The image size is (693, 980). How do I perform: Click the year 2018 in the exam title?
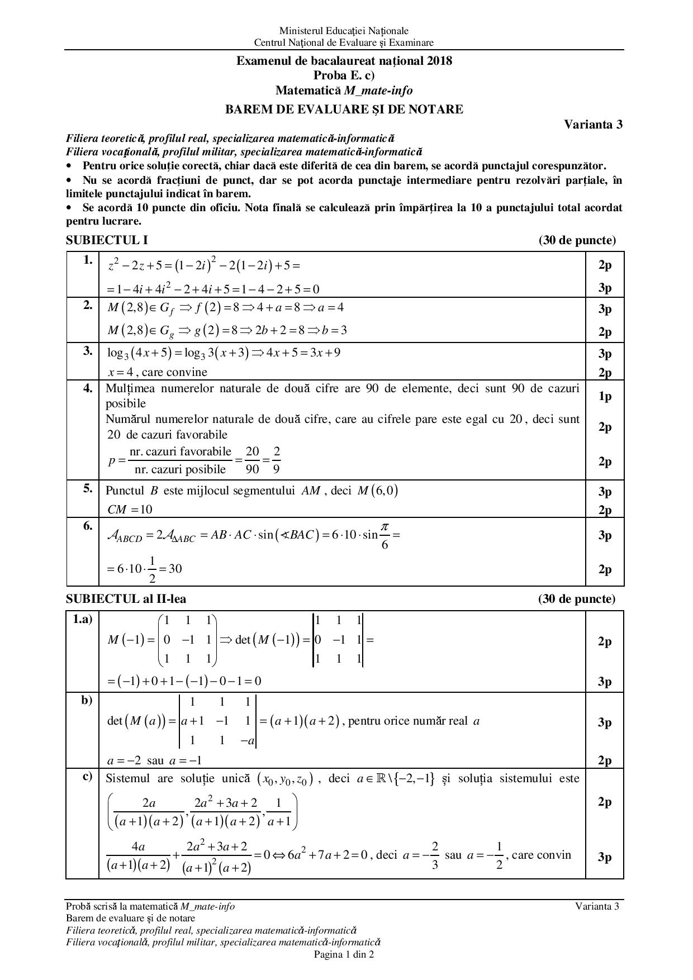pyautogui.click(x=440, y=61)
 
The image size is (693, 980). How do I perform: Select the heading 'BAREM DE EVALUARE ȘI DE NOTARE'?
pyautogui.click(x=344, y=110)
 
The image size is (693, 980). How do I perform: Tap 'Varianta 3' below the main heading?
pyautogui.click(x=593, y=125)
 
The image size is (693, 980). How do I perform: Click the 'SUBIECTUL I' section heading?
pyautogui.click(x=107, y=240)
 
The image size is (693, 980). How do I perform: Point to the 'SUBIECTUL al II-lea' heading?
pyautogui.click(x=126, y=599)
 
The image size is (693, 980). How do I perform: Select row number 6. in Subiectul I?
pyautogui.click(x=88, y=526)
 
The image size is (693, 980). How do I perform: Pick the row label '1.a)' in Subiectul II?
pyautogui.click(x=83, y=619)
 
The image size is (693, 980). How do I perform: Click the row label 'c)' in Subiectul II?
pyautogui.click(x=87, y=776)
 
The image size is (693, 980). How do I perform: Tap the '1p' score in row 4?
pyautogui.click(x=605, y=396)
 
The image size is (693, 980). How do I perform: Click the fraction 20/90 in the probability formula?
pyautogui.click(x=253, y=460)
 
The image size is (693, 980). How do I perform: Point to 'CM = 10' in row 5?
pyautogui.click(x=130, y=510)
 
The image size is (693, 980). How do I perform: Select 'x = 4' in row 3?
pyautogui.click(x=121, y=372)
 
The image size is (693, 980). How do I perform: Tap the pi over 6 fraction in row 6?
pyautogui.click(x=385, y=535)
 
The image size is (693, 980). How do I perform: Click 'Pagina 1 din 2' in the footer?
pyautogui.click(x=344, y=954)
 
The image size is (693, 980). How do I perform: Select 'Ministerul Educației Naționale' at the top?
pyautogui.click(x=344, y=31)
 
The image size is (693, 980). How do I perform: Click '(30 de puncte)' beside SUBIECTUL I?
pyautogui.click(x=577, y=240)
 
